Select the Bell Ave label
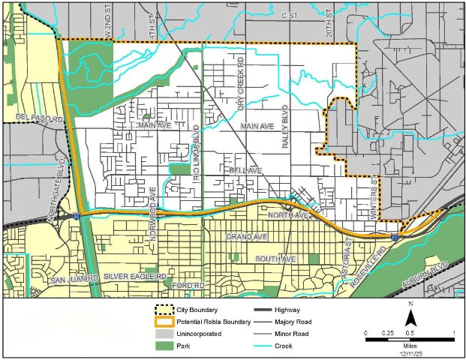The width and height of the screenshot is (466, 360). [x=245, y=171]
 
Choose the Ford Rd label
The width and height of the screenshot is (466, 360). [x=188, y=285]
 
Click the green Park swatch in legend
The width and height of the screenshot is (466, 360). [x=163, y=346]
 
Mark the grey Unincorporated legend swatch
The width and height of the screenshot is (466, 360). [x=163, y=334]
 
